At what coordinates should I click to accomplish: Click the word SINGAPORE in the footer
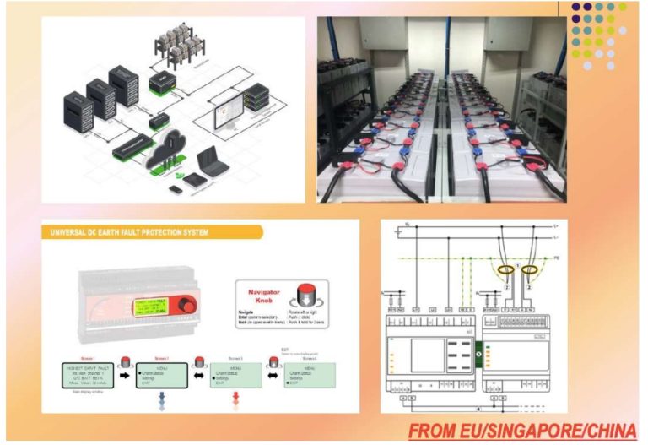tap(524, 431)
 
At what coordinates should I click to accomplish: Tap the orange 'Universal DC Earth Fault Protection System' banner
tap(126, 231)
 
